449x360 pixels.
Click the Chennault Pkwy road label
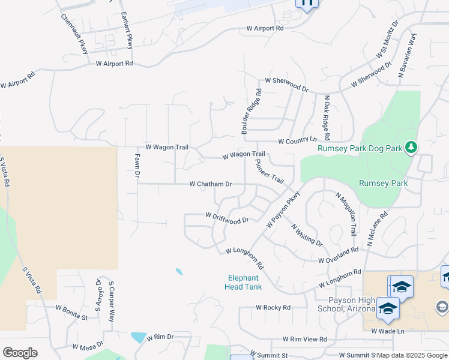[x=74, y=34]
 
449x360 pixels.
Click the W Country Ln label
[x=297, y=141]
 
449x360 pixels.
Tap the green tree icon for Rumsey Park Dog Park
[x=411, y=147]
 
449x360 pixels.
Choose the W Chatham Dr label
[x=211, y=184]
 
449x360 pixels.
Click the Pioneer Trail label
[x=269, y=171]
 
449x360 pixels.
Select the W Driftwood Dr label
[x=227, y=218]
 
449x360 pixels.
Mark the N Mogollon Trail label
[x=346, y=214]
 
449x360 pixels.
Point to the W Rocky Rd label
[x=273, y=307]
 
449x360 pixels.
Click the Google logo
[x=20, y=353]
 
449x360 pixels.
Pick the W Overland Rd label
[x=339, y=255]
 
